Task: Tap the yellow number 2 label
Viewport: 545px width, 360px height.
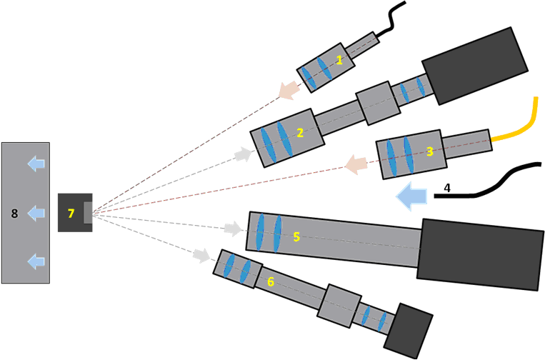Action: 300,132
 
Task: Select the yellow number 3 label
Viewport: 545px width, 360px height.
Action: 429,151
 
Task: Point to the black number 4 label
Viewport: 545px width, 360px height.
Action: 446,188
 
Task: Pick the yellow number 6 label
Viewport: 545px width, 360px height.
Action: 270,282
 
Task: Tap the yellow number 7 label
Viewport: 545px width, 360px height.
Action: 70,213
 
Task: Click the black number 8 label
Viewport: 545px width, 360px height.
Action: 14,213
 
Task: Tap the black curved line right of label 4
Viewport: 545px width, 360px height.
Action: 493,182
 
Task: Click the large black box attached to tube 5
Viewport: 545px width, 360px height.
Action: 481,254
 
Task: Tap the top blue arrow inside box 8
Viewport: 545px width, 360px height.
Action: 34,165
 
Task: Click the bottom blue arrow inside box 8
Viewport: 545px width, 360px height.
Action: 34,261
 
